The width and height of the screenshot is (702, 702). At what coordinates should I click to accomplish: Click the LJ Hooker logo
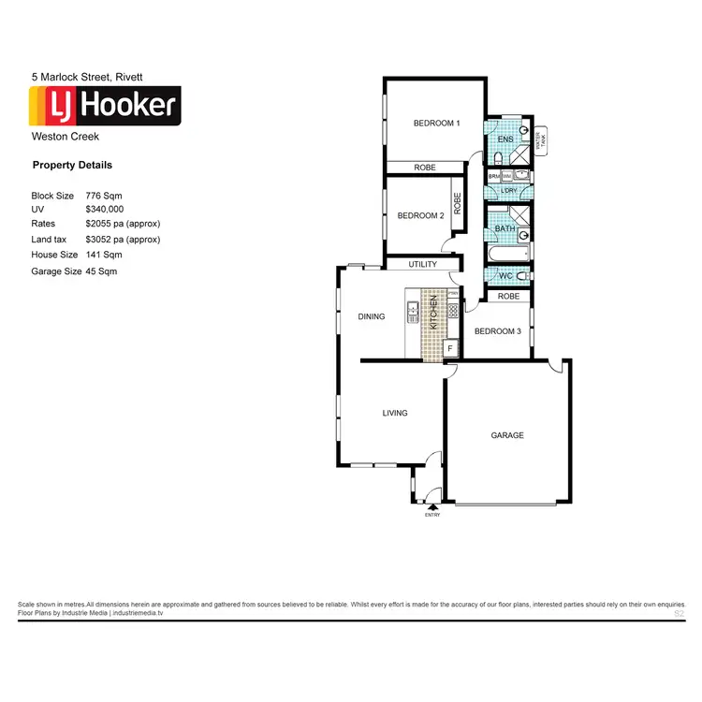tap(105, 106)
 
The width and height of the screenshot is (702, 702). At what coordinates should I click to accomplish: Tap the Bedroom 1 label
tap(437, 124)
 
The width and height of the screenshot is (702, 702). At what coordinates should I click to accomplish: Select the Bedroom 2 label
tap(420, 215)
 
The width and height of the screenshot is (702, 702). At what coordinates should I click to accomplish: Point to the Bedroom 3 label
tap(497, 331)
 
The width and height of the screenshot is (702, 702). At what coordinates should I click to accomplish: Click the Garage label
tap(507, 435)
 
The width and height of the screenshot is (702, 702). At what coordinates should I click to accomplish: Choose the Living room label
tap(395, 413)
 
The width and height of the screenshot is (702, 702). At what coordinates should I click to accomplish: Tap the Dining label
tap(372, 316)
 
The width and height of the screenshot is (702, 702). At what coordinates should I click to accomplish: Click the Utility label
tap(422, 265)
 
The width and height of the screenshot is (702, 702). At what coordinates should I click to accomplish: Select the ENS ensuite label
tap(505, 140)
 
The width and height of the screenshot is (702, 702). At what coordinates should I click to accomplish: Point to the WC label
tap(505, 277)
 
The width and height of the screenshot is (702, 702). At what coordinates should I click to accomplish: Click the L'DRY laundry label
tap(508, 192)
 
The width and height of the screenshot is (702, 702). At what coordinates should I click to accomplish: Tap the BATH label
tap(505, 229)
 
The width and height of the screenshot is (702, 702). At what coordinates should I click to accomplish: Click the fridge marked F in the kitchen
tap(450, 348)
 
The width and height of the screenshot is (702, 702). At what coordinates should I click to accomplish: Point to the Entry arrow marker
tap(432, 506)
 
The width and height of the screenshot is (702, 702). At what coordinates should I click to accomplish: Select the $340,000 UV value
tap(105, 210)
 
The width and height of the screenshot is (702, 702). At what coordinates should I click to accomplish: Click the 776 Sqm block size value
tap(104, 196)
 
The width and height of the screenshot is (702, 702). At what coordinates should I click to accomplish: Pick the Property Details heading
tap(72, 166)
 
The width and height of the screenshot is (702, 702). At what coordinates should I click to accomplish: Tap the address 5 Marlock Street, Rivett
tap(86, 76)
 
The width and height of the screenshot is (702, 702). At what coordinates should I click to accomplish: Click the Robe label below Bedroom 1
tap(425, 168)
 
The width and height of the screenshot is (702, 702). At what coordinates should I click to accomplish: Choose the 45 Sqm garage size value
tap(101, 271)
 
